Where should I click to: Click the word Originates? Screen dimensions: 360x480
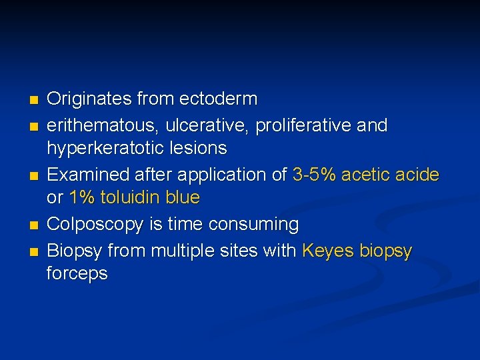(x=89, y=99)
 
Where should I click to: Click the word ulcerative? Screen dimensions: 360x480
(x=204, y=125)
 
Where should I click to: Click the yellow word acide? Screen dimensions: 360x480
(x=417, y=175)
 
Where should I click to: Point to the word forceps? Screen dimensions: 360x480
(x=77, y=274)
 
